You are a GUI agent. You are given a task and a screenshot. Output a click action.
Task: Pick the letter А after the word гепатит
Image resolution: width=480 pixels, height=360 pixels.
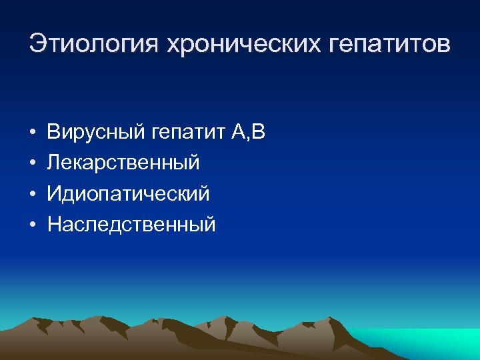click(x=239, y=132)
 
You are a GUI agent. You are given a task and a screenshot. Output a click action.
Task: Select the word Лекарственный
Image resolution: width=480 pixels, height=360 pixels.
click(x=123, y=163)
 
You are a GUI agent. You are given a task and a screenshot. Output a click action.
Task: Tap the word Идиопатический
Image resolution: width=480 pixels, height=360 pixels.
click(x=128, y=194)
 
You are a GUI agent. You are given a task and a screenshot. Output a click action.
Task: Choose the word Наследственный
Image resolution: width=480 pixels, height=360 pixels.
click(x=131, y=225)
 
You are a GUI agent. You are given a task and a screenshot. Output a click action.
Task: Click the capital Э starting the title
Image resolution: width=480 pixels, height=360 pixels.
click(x=37, y=45)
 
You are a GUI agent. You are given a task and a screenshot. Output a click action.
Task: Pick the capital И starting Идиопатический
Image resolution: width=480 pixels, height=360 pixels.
click(x=54, y=194)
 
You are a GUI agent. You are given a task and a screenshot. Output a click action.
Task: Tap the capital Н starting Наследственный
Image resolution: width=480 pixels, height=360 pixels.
click(x=54, y=225)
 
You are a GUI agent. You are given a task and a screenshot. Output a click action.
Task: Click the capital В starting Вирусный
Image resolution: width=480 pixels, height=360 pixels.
click(x=53, y=133)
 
